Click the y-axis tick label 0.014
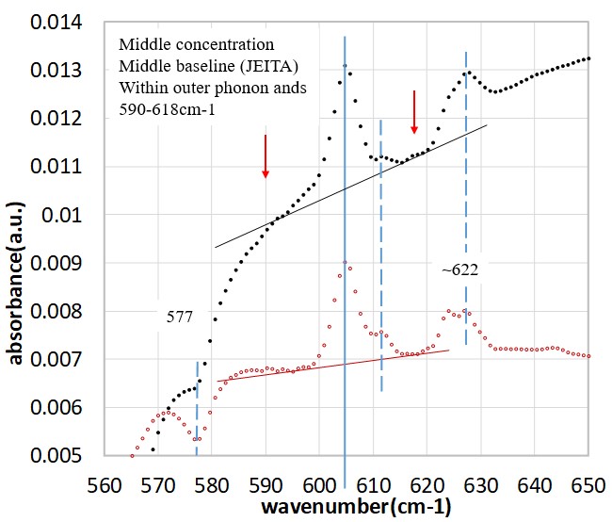58,22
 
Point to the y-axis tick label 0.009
58,263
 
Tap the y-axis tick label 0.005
58,456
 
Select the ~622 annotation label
459,269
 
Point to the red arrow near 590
266,156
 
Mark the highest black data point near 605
346,66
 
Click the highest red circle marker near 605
346,262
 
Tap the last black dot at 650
588,58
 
